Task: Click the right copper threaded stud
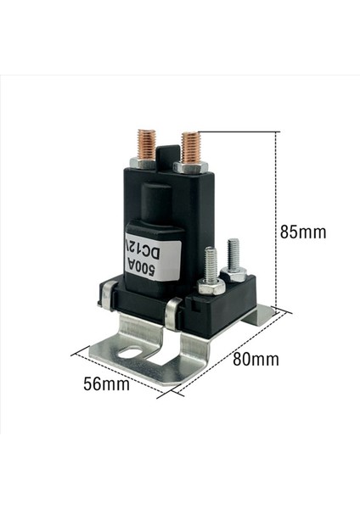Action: pos(188,144)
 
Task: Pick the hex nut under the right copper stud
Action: pos(188,166)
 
